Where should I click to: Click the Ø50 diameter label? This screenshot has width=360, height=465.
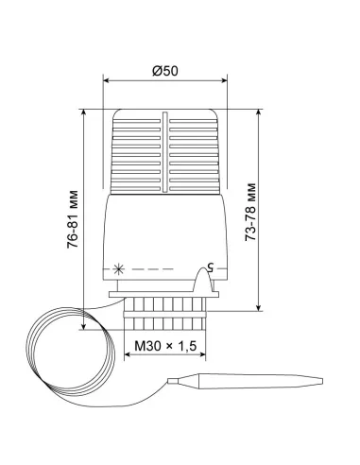point(165,71)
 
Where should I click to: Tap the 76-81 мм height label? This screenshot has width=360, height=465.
point(73,219)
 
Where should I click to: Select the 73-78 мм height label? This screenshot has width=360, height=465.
point(250,212)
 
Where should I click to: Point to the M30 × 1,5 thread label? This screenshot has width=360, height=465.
point(165,346)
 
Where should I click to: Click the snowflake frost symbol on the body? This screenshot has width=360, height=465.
point(119,269)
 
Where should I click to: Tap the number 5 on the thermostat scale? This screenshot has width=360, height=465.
point(210,267)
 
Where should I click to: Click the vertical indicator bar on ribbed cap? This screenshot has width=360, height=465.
point(164,152)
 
